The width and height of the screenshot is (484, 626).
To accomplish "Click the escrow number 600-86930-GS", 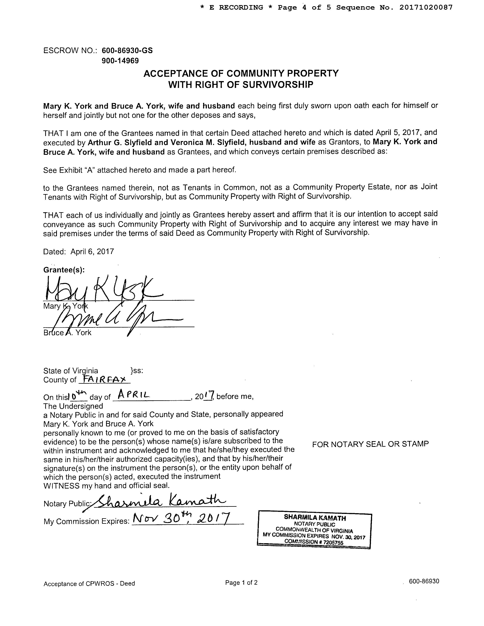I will [127, 51].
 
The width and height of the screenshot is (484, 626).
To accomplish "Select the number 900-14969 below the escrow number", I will [120, 61].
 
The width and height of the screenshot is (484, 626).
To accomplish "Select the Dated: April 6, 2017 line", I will [79, 251].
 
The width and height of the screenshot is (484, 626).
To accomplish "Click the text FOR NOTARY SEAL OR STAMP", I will [370, 444].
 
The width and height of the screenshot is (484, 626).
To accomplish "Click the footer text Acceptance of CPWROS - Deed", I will [89, 584].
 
